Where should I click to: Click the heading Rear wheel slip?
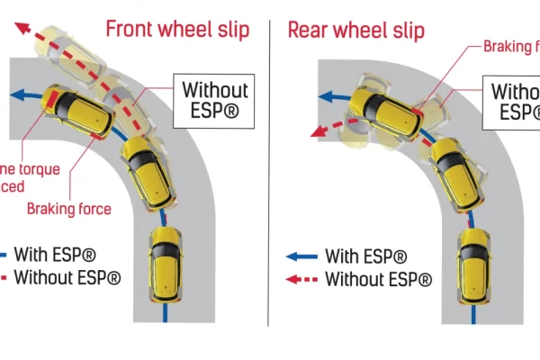tap(355, 29)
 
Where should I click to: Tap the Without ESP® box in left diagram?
tap(215, 101)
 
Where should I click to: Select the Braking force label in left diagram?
tap(69, 209)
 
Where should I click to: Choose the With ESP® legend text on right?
tap(365, 256)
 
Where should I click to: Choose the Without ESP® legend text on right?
tap(378, 280)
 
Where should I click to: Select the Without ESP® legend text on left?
tap(67, 277)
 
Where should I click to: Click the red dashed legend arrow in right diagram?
tap(301, 280)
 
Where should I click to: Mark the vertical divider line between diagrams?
tap(269, 180)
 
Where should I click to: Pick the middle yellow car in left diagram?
tap(146, 168)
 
